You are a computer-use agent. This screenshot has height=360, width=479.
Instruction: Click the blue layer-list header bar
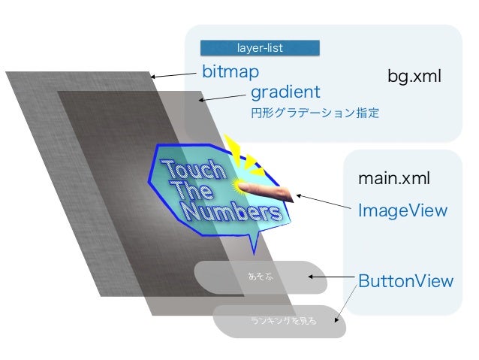260,48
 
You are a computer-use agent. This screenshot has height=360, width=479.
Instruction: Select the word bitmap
230,72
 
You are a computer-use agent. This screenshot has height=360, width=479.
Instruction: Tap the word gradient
285,92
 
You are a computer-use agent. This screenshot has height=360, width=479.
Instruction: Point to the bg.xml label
414,77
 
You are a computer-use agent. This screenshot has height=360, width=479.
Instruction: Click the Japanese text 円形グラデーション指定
315,115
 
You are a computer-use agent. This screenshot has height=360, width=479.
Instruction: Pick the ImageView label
402,211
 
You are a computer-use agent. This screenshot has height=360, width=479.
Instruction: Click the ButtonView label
405,281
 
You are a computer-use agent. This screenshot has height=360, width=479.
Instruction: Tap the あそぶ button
260,277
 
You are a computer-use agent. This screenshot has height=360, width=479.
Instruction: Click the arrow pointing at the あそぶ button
330,279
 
